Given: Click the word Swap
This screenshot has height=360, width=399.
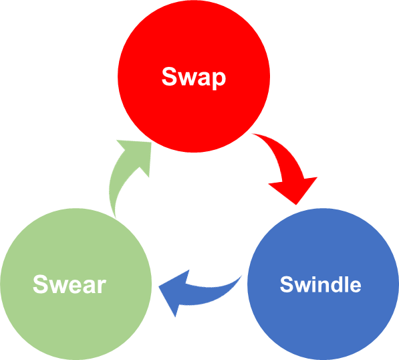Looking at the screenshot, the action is click(x=194, y=77).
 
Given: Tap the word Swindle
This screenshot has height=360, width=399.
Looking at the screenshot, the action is click(x=320, y=284).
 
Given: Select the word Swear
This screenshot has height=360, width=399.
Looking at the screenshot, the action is click(x=70, y=284).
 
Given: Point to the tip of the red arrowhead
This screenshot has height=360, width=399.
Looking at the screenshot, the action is click(x=296, y=205).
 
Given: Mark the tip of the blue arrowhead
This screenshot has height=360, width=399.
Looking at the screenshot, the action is click(x=158, y=286).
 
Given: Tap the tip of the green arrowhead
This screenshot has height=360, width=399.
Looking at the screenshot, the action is click(x=151, y=143).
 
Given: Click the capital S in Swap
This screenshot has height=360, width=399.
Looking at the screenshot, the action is click(x=169, y=76).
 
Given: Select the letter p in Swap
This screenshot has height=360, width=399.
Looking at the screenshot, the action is click(x=219, y=80).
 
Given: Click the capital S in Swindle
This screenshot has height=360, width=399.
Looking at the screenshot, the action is click(x=287, y=284).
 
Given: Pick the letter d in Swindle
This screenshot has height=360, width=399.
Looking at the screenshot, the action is click(x=336, y=284).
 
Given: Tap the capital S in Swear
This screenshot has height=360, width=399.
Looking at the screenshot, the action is click(x=41, y=284).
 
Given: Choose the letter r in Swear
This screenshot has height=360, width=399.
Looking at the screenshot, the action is click(x=102, y=286).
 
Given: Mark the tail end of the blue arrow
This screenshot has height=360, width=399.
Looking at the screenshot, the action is click(x=241, y=276).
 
